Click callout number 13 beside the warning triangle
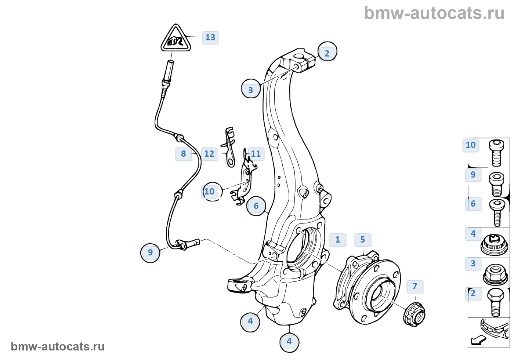point(210,37)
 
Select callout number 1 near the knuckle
point(338,240)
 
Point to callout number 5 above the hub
point(363,240)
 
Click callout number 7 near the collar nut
point(415,286)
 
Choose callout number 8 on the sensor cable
point(184,154)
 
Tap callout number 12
point(209,154)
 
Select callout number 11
point(256,154)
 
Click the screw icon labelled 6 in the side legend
point(497,212)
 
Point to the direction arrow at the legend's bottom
point(478,340)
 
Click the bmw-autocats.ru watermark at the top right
point(434,14)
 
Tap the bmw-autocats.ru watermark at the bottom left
point(58,347)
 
